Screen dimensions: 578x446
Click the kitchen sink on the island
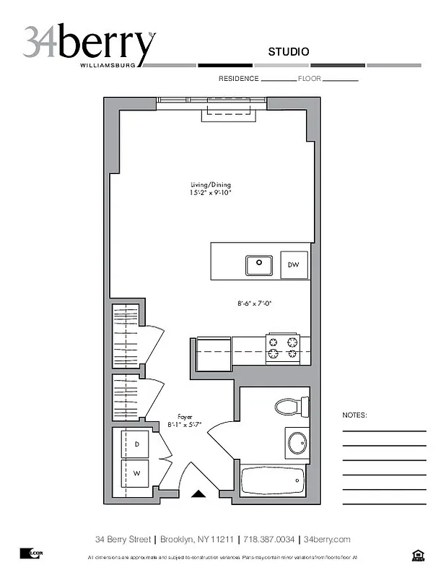[x=258, y=265]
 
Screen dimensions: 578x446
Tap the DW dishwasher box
[x=294, y=265]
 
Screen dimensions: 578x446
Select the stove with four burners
[x=282, y=348]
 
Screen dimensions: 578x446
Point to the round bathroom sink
[x=297, y=442]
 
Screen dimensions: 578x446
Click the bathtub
[x=273, y=480]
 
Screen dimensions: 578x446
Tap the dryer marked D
[x=137, y=444]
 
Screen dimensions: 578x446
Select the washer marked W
[x=137, y=474]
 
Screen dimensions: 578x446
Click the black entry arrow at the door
[x=198, y=493]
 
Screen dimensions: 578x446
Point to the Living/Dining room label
[x=211, y=189]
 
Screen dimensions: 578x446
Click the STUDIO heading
[x=289, y=51]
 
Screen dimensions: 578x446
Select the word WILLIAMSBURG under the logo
[x=108, y=65]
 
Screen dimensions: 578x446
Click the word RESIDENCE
[x=238, y=78]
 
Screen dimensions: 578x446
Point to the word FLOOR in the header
[x=309, y=78]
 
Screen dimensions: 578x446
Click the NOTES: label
[x=355, y=415]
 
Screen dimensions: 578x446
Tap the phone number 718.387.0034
[x=268, y=539]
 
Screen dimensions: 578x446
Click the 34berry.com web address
[x=327, y=539]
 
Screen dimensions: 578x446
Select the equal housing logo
[x=417, y=555]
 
